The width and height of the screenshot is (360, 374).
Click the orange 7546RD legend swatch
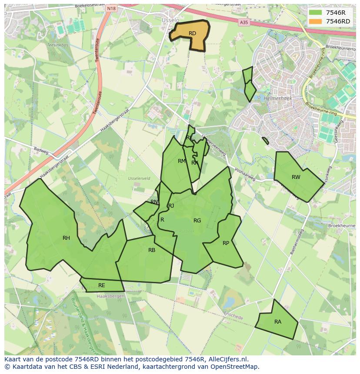click(x=316, y=21)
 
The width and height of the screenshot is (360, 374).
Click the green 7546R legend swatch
click(x=316, y=13)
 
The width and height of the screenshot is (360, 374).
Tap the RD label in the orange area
click(x=192, y=33)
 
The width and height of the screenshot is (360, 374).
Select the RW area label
click(x=296, y=177)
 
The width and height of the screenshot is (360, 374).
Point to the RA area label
click(x=278, y=322)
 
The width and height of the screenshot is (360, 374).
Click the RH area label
click(x=66, y=238)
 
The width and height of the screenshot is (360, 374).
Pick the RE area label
click(x=102, y=285)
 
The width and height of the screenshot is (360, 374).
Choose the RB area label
click(x=152, y=250)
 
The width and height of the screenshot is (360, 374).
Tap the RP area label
click(x=226, y=243)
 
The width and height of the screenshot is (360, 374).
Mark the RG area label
click(x=197, y=221)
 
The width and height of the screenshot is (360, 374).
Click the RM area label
click(x=182, y=161)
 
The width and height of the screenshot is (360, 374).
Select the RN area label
click(x=154, y=202)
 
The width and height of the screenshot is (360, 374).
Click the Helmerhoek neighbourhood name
click(x=277, y=99)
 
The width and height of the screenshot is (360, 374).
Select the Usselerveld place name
click(x=139, y=179)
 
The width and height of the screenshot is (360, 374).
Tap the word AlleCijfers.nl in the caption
click(x=227, y=359)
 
